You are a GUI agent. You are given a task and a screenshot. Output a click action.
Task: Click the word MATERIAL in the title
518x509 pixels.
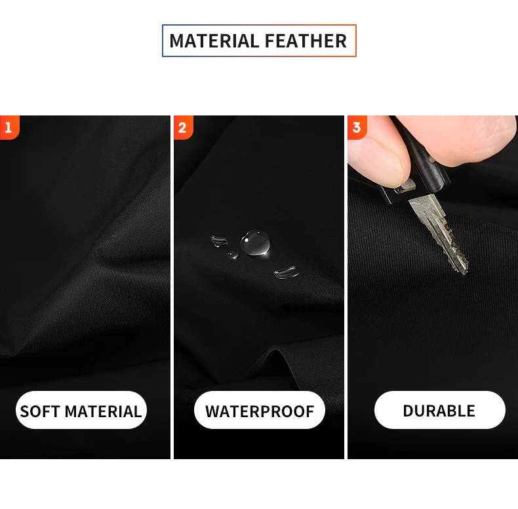click(214, 41)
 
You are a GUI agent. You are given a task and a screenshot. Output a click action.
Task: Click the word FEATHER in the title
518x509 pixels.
click(306, 41)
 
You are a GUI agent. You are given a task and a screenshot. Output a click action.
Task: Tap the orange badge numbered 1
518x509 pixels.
click(10, 128)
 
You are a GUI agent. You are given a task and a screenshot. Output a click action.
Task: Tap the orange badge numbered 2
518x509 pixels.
click(184, 128)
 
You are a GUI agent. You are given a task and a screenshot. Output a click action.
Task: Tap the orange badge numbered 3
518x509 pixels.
click(357, 128)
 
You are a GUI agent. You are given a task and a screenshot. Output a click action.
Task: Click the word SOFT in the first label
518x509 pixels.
click(40, 411)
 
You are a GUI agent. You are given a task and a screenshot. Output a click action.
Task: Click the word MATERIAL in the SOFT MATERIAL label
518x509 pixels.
click(103, 411)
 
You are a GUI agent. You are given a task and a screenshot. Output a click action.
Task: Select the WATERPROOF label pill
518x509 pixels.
click(260, 410)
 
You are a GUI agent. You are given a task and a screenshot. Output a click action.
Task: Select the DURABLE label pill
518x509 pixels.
click(440, 410)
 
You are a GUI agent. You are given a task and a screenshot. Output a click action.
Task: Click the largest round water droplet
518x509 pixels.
click(255, 242)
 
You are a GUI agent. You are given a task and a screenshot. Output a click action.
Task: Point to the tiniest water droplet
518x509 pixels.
click(233, 255)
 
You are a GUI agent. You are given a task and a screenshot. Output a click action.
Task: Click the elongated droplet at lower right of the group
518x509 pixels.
click(287, 272)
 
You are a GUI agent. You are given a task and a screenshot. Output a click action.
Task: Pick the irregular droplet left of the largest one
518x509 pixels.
click(219, 241)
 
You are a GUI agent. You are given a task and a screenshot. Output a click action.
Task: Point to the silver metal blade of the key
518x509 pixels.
click(439, 232)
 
